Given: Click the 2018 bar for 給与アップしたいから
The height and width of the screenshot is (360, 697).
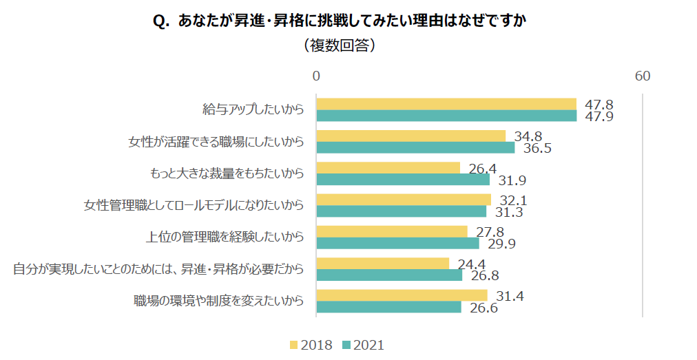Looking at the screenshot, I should click(446, 104).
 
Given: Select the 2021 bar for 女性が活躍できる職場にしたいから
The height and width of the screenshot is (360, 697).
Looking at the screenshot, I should click(415, 147).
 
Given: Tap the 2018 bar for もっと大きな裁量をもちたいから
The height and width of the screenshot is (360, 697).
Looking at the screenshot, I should click(388, 168).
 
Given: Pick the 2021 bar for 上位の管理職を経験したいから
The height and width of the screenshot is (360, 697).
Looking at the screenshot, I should click(397, 243).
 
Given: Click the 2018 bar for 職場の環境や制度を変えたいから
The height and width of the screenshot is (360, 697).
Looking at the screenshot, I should click(402, 295).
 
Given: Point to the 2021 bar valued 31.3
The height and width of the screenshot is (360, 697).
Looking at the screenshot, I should click(401, 211).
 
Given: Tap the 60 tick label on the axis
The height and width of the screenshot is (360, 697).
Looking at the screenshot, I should click(642, 76).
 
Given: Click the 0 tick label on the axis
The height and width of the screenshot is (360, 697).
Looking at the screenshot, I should click(316, 76).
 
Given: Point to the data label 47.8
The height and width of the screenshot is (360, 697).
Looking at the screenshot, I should click(599, 105).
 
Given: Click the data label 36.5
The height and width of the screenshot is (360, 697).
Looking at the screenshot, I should click(537, 148).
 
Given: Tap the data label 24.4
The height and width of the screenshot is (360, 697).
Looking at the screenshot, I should click(471, 264).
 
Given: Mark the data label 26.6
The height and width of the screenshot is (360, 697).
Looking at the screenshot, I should click(483, 308).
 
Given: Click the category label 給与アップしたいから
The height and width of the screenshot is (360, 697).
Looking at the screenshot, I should click(253, 109).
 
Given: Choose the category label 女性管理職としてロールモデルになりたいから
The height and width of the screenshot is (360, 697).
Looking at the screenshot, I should click(194, 205).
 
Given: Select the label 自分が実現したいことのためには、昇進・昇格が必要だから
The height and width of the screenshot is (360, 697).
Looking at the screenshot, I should click(158, 268).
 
